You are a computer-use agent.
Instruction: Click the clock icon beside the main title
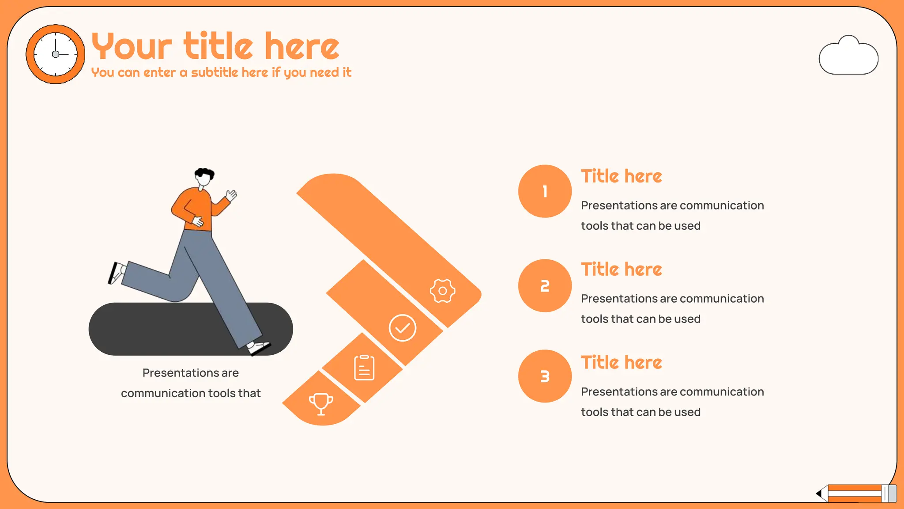click(55, 54)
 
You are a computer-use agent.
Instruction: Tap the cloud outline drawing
click(848, 57)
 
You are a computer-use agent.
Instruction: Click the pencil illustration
click(857, 493)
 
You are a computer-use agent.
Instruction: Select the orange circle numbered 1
click(545, 191)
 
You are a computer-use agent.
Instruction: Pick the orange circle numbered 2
click(545, 286)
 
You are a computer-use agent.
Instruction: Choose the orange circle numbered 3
click(545, 376)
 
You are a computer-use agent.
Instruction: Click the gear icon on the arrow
click(442, 291)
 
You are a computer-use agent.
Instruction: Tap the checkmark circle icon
click(402, 328)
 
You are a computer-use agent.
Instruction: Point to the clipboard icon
click(364, 368)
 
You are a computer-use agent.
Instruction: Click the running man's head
click(203, 177)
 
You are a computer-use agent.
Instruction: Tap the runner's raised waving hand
click(231, 195)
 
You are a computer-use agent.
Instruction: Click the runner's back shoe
click(116, 273)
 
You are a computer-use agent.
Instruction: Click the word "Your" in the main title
click(131, 46)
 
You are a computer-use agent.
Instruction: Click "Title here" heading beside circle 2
click(621, 270)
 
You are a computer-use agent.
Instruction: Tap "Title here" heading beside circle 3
click(621, 363)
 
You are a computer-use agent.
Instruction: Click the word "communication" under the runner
click(163, 393)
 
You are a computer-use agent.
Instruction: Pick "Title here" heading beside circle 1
click(621, 176)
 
